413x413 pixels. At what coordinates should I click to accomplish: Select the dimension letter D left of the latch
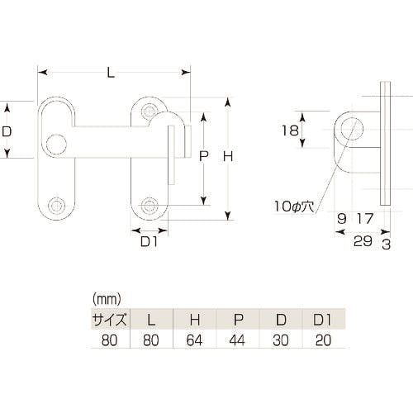[7, 131]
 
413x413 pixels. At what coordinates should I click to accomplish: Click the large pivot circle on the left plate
[56, 144]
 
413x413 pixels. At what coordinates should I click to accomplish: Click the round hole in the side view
[353, 130]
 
